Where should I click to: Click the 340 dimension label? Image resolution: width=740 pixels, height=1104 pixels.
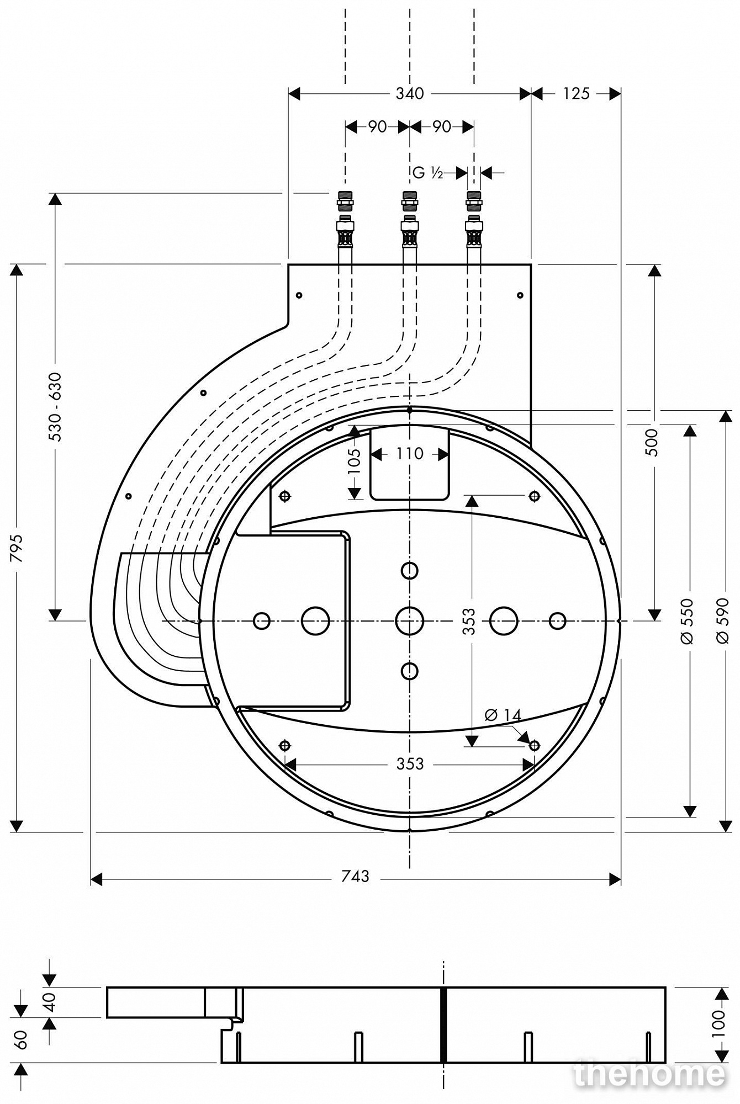(x=410, y=94)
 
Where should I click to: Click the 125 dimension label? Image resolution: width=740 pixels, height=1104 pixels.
(x=576, y=94)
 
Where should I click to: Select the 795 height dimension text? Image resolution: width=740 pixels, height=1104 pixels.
(x=18, y=548)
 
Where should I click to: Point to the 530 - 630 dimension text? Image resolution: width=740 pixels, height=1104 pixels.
(x=56, y=407)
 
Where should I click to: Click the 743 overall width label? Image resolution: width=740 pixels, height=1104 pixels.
(x=355, y=876)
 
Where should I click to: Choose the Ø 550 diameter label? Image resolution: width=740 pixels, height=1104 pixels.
(x=688, y=620)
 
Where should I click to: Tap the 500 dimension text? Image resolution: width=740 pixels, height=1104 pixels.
(x=653, y=442)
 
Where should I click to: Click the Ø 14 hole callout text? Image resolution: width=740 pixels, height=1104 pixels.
(x=503, y=715)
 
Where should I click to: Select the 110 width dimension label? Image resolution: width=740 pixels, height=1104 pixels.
(x=410, y=454)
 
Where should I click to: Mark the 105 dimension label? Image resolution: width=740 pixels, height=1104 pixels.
(x=355, y=461)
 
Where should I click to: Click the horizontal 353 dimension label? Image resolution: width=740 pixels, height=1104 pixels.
(x=410, y=764)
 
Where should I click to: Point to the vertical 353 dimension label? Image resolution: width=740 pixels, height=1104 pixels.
(x=469, y=621)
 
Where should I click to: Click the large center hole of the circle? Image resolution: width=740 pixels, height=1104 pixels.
(x=410, y=621)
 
